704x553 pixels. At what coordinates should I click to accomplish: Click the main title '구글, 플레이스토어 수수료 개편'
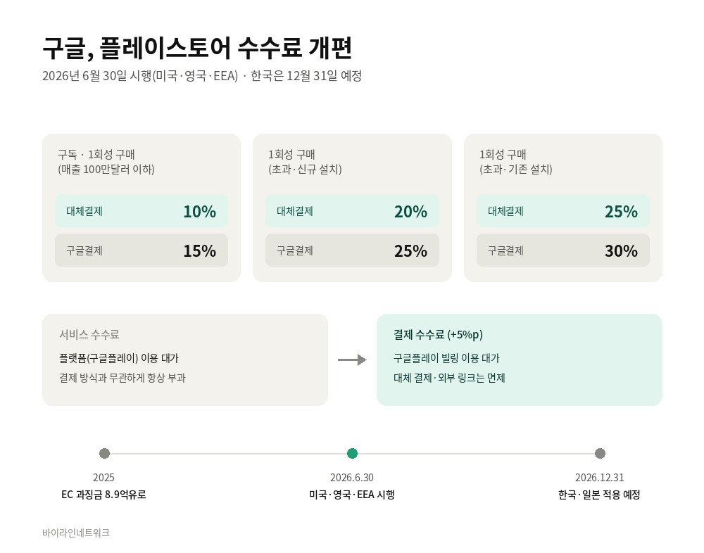[x=197, y=49]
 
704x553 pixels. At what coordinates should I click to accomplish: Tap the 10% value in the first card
[x=200, y=211]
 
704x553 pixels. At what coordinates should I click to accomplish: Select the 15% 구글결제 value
[x=200, y=251]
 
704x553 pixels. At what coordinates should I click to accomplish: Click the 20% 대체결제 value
[x=411, y=211]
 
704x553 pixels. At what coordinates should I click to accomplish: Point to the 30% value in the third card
[x=622, y=251]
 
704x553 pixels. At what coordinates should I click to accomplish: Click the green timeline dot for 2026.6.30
[x=353, y=453]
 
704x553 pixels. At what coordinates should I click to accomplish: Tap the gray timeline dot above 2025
[x=104, y=453]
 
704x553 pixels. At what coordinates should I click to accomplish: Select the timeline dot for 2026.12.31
[x=600, y=453]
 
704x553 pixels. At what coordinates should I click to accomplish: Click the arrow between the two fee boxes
[x=352, y=360]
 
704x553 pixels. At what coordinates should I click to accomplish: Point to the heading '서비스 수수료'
[x=89, y=334]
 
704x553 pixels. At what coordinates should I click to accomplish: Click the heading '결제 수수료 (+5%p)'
[x=438, y=334]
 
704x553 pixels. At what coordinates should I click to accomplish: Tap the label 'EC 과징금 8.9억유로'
[x=103, y=495]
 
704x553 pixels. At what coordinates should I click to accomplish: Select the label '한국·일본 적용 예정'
[x=599, y=495]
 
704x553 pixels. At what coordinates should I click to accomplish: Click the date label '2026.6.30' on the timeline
[x=352, y=478]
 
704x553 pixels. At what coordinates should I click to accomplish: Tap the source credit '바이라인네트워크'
[x=76, y=533]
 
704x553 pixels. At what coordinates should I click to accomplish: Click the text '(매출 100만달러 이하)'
[x=106, y=170]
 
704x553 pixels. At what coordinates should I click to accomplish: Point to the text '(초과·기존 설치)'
[x=516, y=170]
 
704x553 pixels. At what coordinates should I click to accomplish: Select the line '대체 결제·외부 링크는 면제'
[x=449, y=378]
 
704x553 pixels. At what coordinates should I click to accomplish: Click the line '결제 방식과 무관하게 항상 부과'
[x=122, y=378]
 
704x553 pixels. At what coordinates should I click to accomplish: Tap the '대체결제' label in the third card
[x=505, y=211]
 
